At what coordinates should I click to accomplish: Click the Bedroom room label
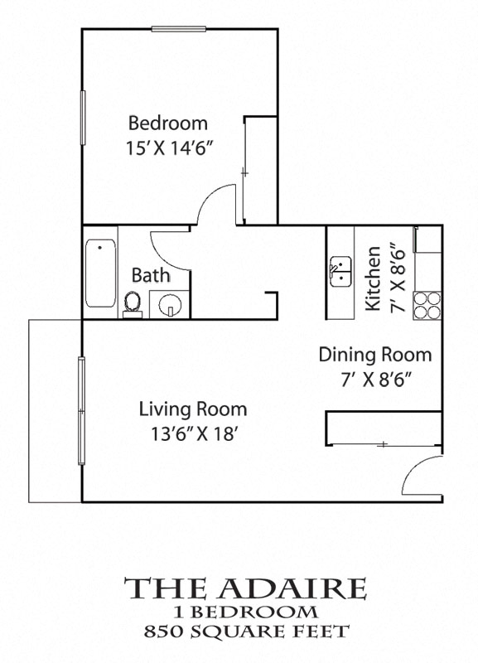pos(167,123)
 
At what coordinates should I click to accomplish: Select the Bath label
pos(152,275)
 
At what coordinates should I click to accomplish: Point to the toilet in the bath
pos(131,303)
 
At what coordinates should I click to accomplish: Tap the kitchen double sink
pos(341,272)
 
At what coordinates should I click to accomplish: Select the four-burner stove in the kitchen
pos(427,305)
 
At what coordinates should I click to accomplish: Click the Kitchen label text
pos(374,278)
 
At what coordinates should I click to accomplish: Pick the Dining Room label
pos(375,355)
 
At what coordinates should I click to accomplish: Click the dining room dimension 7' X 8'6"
pos(375,380)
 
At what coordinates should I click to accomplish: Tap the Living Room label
pos(192,408)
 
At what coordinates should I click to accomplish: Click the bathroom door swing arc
pos(167,244)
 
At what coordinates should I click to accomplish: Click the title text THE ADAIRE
pos(245,588)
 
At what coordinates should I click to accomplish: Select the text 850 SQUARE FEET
pos(245,632)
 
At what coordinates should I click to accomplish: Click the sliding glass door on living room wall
pos(81,410)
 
